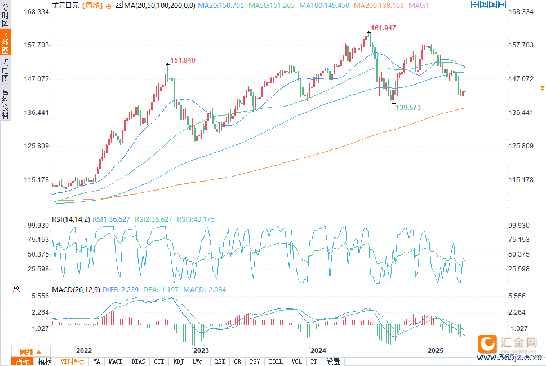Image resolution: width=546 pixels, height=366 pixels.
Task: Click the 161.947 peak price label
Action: pyautogui.click(x=384, y=28)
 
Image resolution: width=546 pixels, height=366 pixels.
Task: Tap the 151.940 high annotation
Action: pyautogui.click(x=183, y=60)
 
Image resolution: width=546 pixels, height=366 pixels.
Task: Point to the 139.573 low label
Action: pyautogui.click(x=409, y=107)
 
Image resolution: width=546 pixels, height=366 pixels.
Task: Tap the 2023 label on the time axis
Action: pyautogui.click(x=201, y=350)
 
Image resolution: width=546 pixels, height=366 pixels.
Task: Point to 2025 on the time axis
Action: pyautogui.click(x=436, y=350)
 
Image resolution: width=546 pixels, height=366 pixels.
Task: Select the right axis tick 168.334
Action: pyautogui.click(x=521, y=12)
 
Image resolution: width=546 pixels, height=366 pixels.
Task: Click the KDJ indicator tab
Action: pyautogui.click(x=178, y=361)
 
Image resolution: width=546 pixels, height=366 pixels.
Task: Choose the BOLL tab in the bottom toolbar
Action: pyautogui.click(x=276, y=361)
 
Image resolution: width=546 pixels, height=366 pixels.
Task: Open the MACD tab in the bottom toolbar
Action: pyautogui.click(x=116, y=361)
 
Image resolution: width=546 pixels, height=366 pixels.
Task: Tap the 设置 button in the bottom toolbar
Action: pyautogui.click(x=334, y=361)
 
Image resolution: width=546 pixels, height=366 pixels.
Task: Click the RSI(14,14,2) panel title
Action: pyautogui.click(x=70, y=219)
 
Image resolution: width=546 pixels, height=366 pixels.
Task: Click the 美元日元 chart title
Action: pyautogui.click(x=64, y=5)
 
